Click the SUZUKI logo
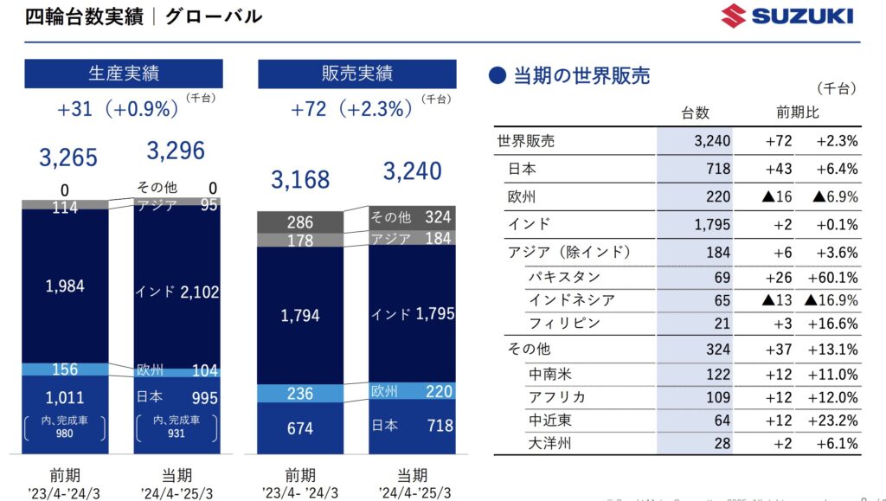pyautogui.click(x=787, y=16)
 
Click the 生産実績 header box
pyautogui.click(x=124, y=74)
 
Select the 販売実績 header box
pyautogui.click(x=357, y=74)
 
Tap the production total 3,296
pyautogui.click(x=176, y=151)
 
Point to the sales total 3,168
pyautogui.click(x=300, y=179)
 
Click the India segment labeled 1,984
pyautogui.click(x=66, y=286)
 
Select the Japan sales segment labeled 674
pyautogui.click(x=300, y=427)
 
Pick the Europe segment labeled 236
pyautogui.click(x=300, y=394)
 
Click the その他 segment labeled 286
pyautogui.click(x=300, y=222)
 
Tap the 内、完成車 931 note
pyautogui.click(x=176, y=427)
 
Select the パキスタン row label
pyautogui.click(x=563, y=278)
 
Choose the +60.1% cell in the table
pyautogui.click(x=832, y=278)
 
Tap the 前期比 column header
pyautogui.click(x=798, y=113)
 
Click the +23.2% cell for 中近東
pyautogui.click(x=832, y=421)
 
